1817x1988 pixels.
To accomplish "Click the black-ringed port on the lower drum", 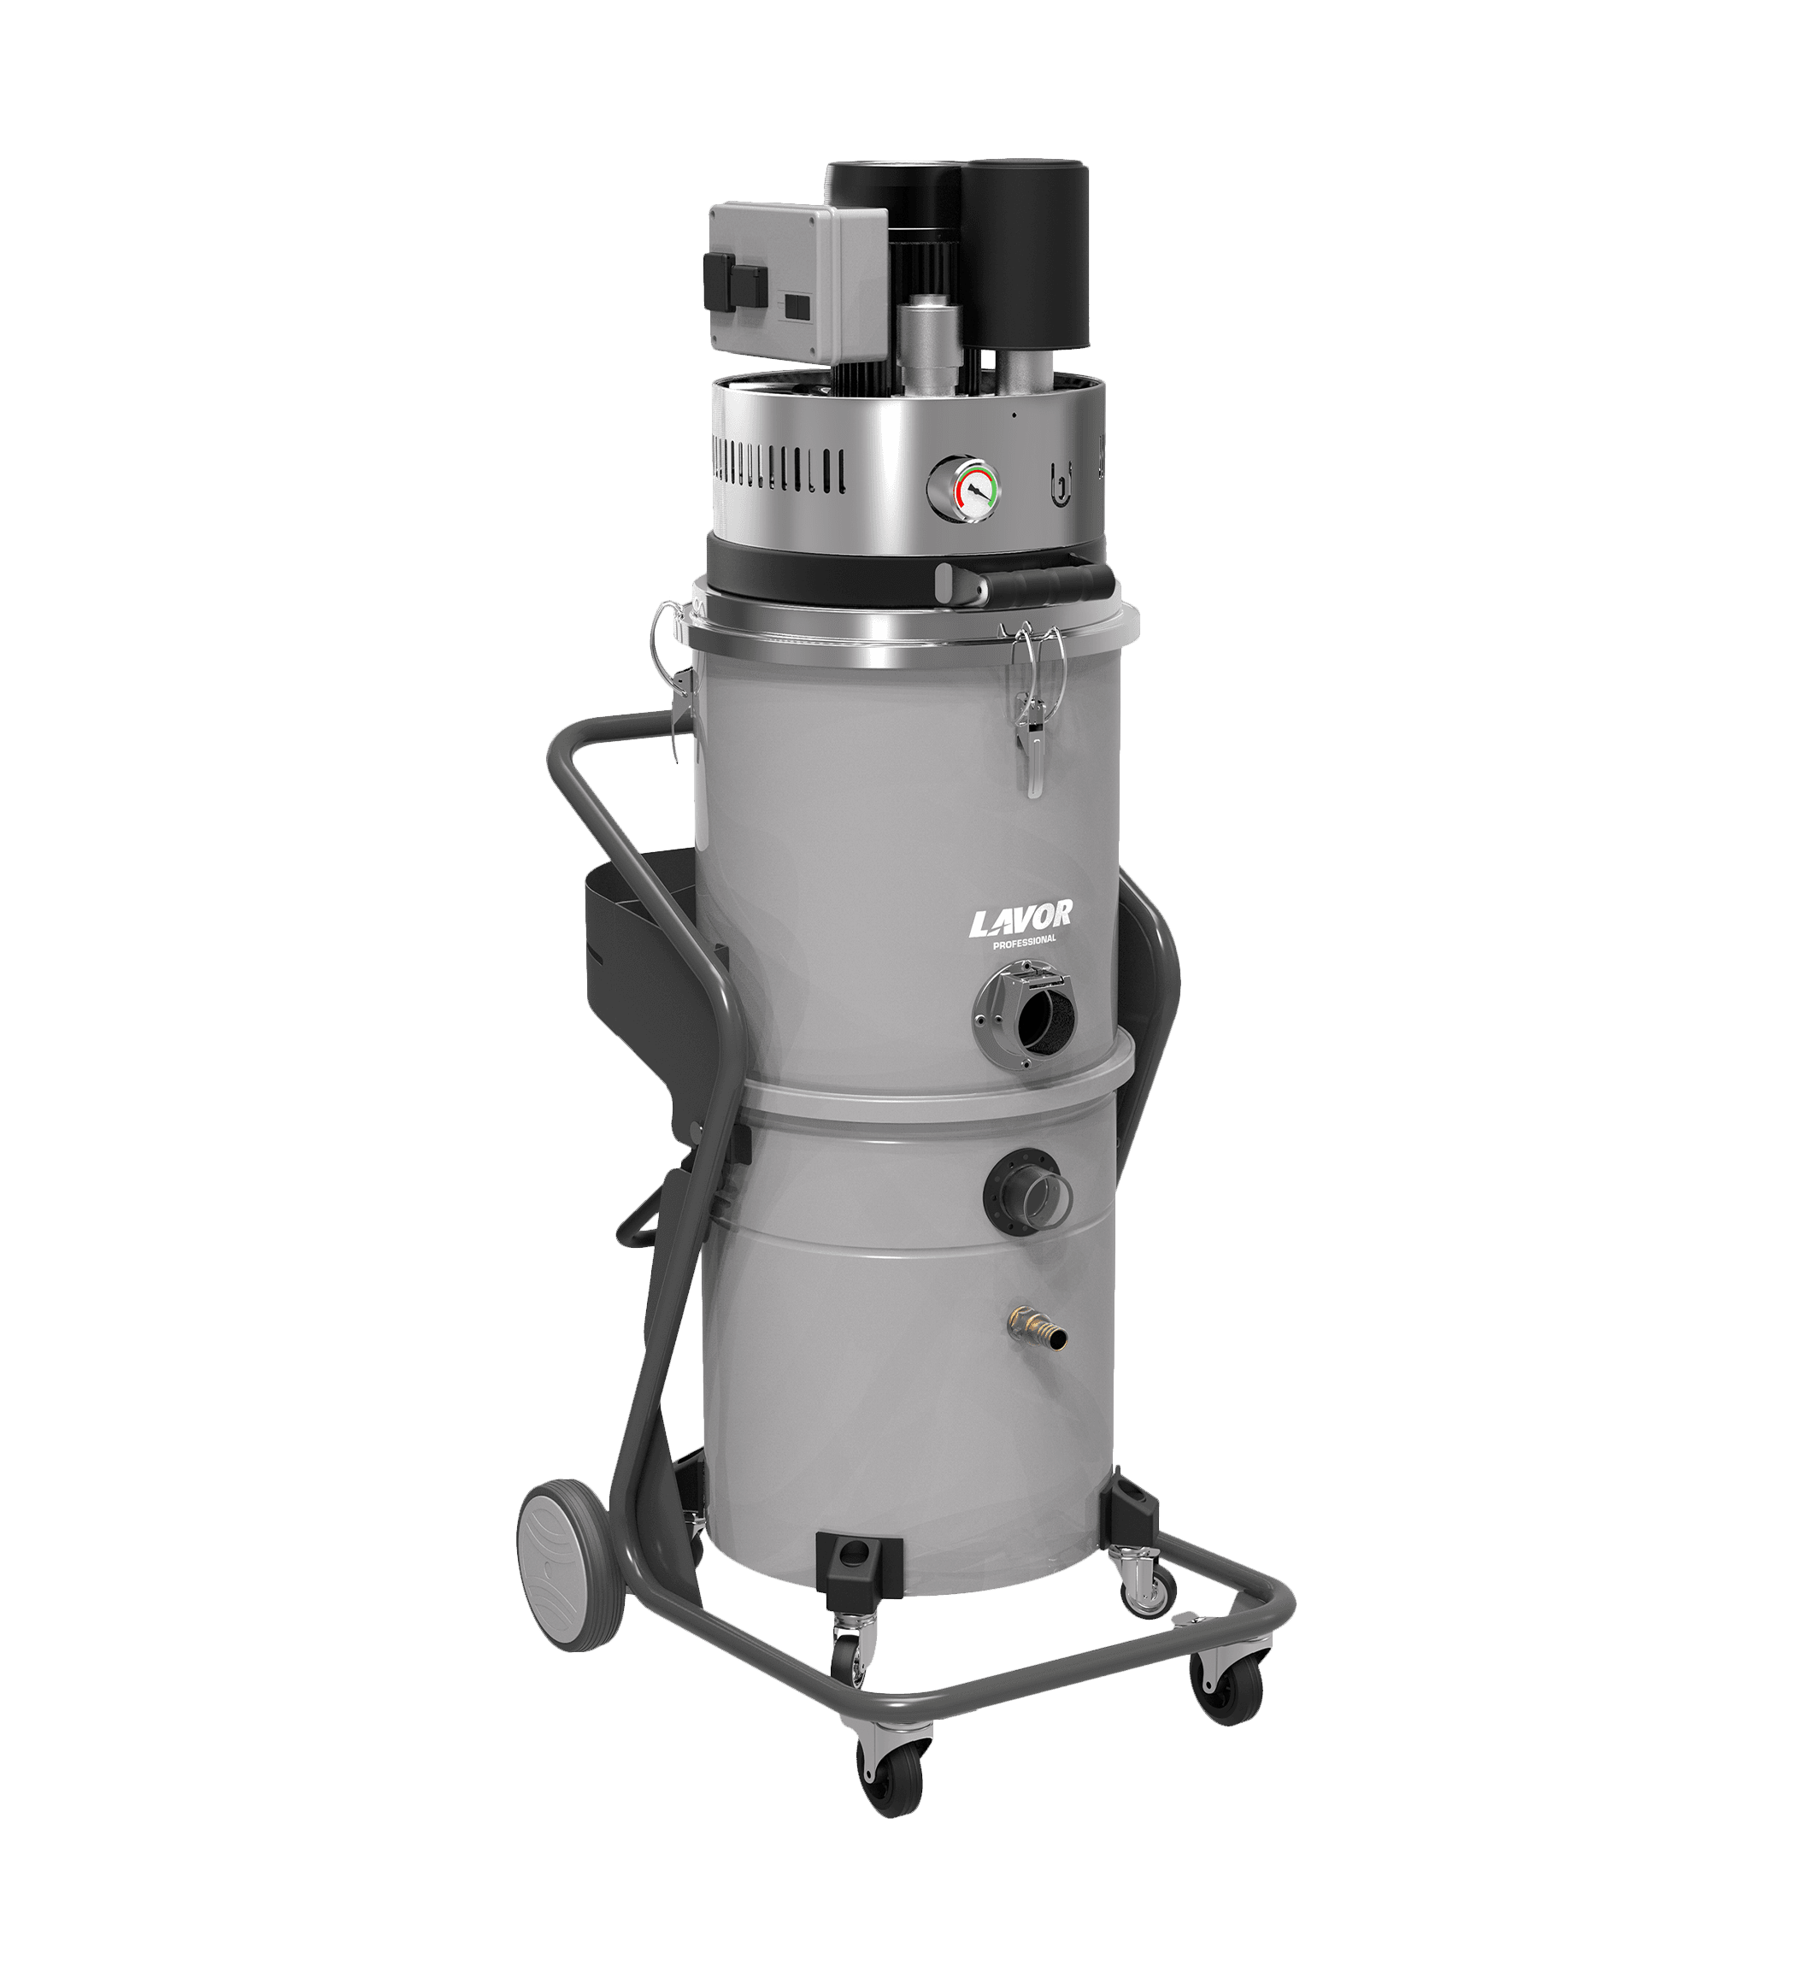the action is click(1026, 1191).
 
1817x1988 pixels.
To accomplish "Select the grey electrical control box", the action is click(798, 282).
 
